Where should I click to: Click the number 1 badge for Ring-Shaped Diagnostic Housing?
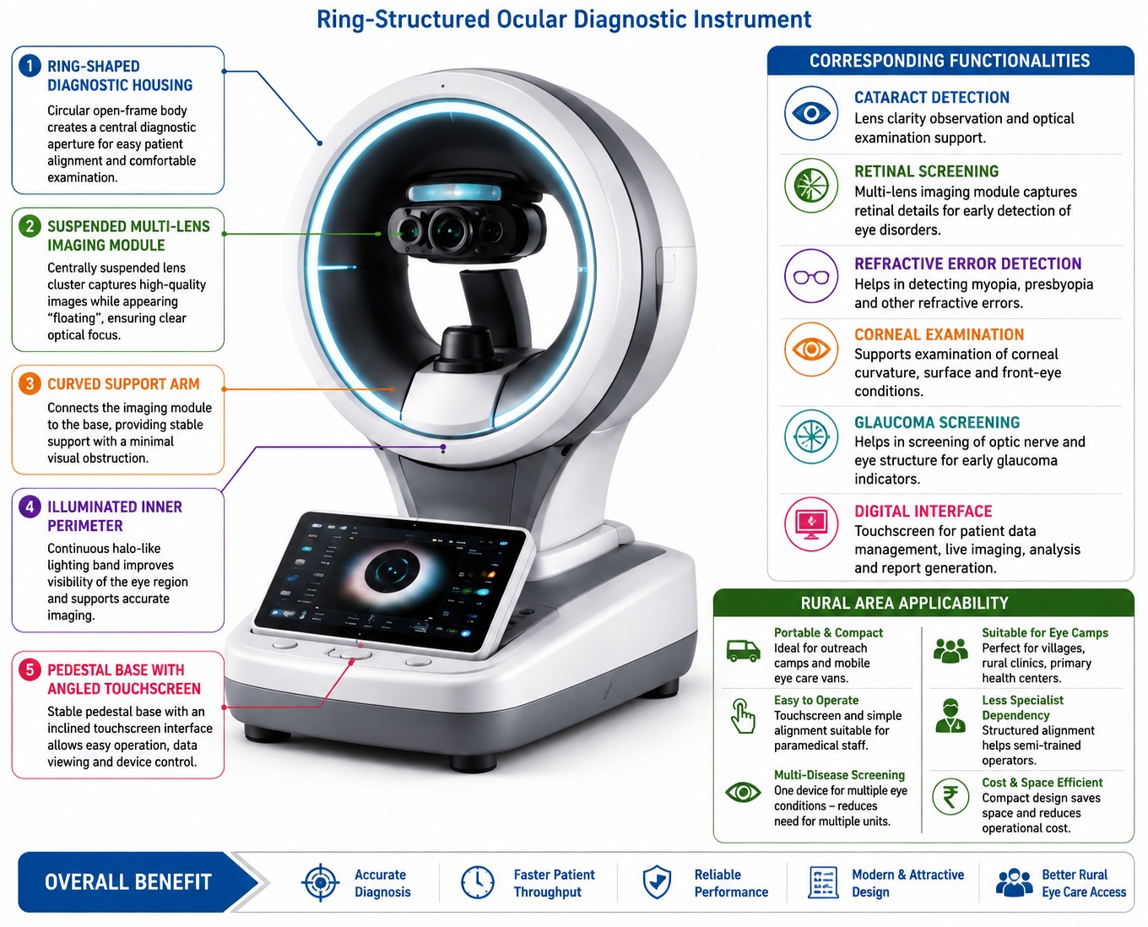[x=30, y=67]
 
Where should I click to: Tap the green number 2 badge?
[x=30, y=225]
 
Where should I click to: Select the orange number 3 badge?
[x=30, y=384]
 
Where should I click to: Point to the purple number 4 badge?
[x=30, y=507]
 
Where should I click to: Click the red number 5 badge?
[x=30, y=669]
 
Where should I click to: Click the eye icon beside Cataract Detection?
[x=810, y=113]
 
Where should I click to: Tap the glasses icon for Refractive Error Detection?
[x=810, y=276]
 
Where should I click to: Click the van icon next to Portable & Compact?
[x=743, y=651]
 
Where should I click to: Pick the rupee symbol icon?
[x=950, y=797]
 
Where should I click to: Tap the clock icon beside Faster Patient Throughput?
[x=477, y=882]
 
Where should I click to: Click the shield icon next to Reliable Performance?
[x=657, y=882]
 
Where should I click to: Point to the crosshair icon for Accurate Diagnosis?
[x=320, y=882]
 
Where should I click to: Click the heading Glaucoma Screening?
[x=937, y=422]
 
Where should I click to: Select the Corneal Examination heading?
[x=939, y=334]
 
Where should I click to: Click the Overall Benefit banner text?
[x=127, y=882]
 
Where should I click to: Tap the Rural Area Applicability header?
[x=904, y=603]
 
